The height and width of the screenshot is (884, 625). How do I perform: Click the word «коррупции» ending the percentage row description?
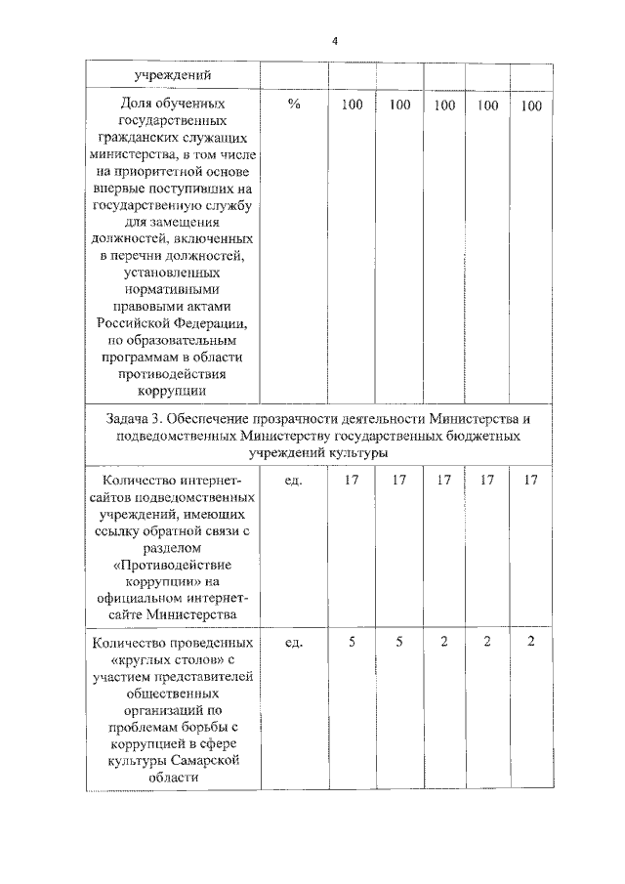[171, 391]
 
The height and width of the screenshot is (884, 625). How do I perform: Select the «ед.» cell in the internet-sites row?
[293, 481]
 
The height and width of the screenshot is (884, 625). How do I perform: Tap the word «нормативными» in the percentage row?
[171, 289]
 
